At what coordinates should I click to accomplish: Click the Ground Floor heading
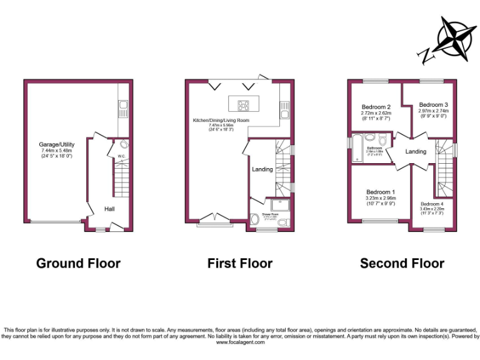(78, 263)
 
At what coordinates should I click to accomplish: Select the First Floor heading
(240, 263)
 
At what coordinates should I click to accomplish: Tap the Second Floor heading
(402, 263)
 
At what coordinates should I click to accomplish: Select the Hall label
(109, 209)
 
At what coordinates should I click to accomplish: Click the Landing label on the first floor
(262, 169)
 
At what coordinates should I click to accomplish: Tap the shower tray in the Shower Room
(278, 206)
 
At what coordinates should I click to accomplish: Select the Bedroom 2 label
(376, 107)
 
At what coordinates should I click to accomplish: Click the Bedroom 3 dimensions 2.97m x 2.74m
(434, 111)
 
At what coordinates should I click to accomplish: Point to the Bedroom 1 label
(381, 191)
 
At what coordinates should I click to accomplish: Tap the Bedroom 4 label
(433, 204)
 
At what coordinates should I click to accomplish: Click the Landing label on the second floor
(416, 151)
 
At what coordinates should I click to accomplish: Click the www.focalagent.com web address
(239, 342)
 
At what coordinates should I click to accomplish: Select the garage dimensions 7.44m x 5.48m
(56, 151)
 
